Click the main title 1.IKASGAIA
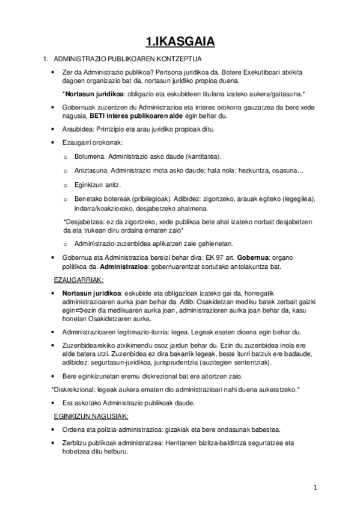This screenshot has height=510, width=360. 180,41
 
